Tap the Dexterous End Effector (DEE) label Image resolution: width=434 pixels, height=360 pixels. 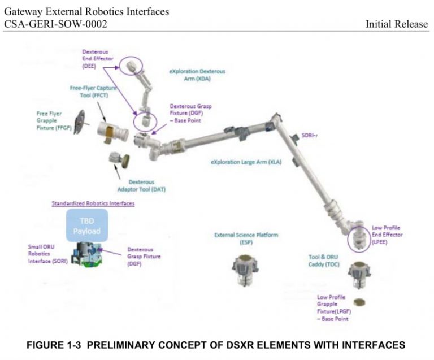coord(96,58)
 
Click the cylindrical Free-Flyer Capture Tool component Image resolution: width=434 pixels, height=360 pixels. coord(112,132)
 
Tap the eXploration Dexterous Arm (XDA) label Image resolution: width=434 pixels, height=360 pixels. coord(197,75)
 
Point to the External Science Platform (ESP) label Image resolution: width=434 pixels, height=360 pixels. coord(246,238)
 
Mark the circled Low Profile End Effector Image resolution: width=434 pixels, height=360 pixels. coord(357,237)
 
